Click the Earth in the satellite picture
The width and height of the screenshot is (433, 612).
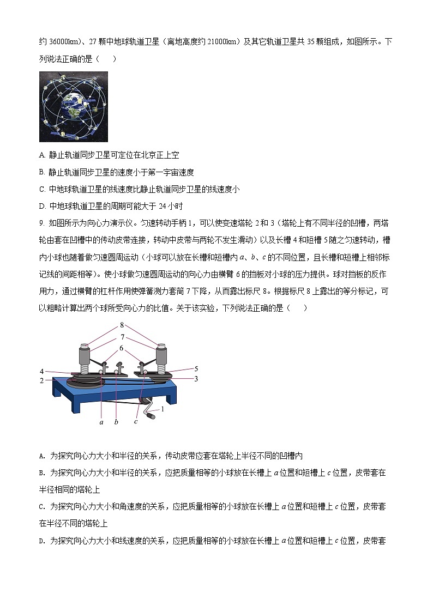point(73,106)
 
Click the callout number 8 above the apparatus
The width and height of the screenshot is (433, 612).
point(123,325)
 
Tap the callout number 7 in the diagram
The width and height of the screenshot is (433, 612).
point(123,337)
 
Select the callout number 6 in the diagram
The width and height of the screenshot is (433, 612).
point(122,348)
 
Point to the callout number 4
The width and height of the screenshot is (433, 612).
point(41,371)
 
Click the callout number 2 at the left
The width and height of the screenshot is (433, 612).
point(41,381)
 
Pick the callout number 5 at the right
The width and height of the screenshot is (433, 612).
point(196,368)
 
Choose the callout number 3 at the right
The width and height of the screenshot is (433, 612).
point(196,378)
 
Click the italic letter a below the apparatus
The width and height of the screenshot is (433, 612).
point(101,421)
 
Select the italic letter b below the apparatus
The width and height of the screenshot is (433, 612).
point(116,421)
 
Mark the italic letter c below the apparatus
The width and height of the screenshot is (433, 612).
point(136,421)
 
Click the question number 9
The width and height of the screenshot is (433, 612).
point(42,223)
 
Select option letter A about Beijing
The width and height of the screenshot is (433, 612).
point(42,155)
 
